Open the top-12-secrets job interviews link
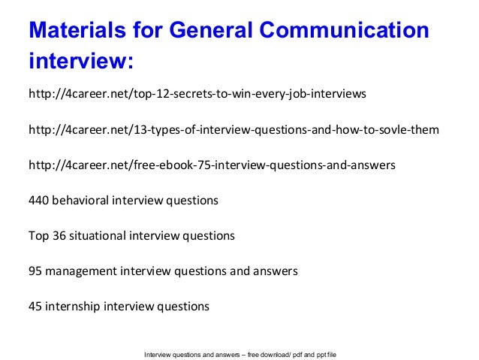coord(197,95)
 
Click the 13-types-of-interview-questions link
coord(233,131)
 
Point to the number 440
coord(38,201)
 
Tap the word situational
coord(97,236)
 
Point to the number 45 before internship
coord(35,307)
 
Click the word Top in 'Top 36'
coord(38,236)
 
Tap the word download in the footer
coord(288,353)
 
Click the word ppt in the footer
coord(333,353)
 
